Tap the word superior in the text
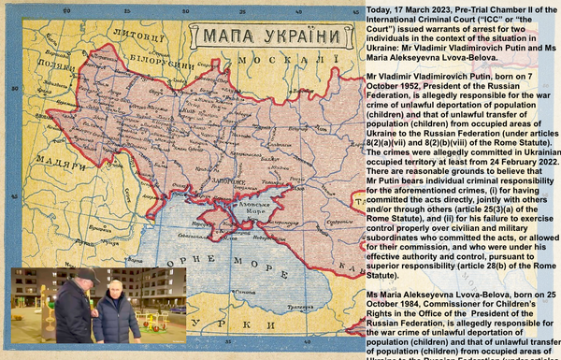tap(391, 266)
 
